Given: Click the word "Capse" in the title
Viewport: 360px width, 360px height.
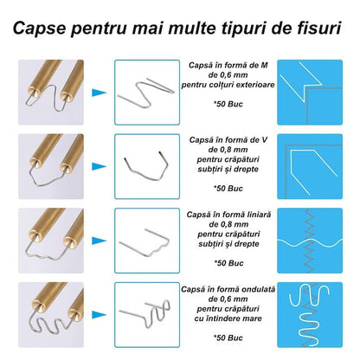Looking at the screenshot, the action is tap(39, 29).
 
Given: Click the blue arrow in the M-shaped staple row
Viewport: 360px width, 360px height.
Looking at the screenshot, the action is tap(100, 93).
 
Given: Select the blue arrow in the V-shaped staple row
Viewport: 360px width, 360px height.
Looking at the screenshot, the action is tap(100, 166).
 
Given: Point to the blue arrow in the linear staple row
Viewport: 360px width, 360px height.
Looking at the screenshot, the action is tap(100, 241).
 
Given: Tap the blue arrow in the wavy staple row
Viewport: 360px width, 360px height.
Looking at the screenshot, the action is tap(100, 315).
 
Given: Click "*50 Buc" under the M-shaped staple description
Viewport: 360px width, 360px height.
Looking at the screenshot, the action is tap(228, 104).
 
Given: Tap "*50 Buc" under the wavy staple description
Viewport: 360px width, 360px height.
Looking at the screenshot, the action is tap(228, 337).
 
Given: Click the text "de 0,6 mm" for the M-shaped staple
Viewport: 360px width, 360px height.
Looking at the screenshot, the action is tap(228, 75).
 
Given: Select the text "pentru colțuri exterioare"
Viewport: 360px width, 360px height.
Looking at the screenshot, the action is tap(228, 85).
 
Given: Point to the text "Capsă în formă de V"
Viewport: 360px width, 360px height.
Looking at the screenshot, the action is tap(228, 140).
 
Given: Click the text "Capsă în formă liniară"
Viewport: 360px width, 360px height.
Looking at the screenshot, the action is tap(228, 215).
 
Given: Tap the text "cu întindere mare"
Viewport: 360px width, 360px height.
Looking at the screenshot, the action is tap(228, 318).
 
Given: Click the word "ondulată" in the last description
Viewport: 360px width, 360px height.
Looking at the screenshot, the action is tap(259, 289).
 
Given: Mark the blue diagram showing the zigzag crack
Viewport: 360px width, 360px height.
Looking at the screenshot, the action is tap(310, 241).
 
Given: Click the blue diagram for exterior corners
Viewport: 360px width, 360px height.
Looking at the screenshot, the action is tap(310, 93).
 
